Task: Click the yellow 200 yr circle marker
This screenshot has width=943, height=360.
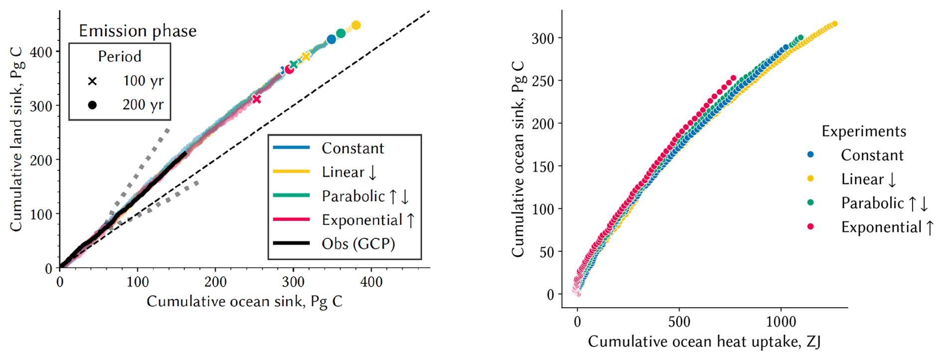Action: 356,25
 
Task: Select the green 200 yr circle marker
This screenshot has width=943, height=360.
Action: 341,33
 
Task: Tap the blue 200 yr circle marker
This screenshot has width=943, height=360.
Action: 331,39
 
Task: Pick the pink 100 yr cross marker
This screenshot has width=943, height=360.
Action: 257,99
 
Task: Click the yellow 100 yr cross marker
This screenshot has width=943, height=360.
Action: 306,56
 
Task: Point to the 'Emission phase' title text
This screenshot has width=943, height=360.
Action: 138,31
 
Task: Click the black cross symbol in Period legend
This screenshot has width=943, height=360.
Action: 92,81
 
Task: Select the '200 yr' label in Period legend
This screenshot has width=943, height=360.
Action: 143,105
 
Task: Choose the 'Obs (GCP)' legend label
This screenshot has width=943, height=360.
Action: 358,244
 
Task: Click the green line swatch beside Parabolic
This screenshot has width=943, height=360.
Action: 292,195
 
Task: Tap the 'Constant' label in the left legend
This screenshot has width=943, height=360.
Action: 353,148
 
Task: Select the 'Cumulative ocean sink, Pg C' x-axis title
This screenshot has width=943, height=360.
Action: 244,302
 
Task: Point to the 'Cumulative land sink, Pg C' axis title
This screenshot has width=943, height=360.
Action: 16,140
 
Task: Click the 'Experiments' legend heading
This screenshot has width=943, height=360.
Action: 864,131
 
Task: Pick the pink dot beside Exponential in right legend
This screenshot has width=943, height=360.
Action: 810,227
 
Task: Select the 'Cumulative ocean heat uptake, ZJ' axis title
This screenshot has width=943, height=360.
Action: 704,342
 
